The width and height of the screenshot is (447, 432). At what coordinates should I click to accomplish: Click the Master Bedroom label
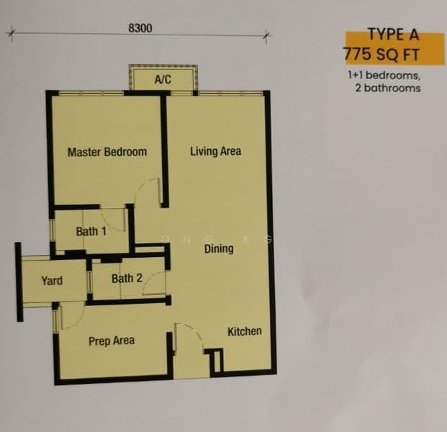tap(107, 152)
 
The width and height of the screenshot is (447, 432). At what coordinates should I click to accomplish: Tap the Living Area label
tap(215, 151)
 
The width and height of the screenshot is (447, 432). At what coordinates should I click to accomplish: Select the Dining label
tap(218, 249)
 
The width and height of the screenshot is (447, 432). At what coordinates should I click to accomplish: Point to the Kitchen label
tap(245, 331)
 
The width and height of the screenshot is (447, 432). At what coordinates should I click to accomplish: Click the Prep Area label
tap(112, 341)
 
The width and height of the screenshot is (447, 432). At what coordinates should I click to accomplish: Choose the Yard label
tap(52, 281)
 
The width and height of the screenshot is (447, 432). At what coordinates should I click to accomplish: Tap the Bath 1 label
tap(91, 232)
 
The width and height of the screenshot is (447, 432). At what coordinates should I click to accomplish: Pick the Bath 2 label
tap(127, 278)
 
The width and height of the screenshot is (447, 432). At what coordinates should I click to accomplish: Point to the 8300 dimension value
tap(140, 27)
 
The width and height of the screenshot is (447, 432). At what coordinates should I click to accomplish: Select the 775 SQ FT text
tap(382, 54)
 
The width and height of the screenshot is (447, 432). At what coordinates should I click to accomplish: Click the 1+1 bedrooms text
tap(382, 75)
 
